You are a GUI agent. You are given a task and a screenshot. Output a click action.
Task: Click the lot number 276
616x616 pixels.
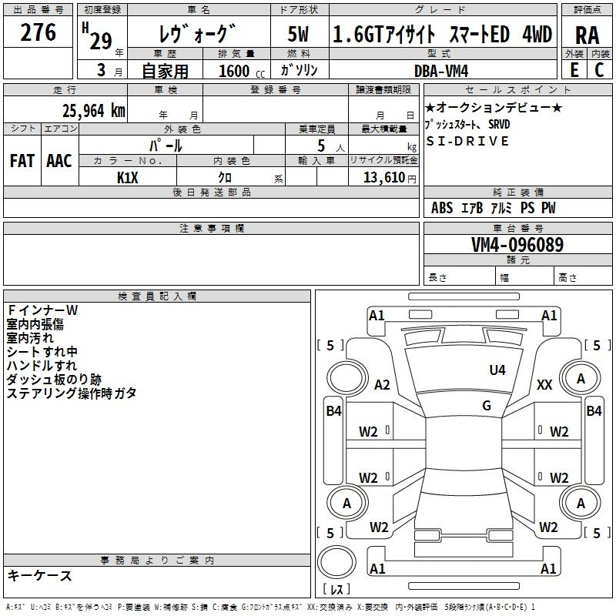(x=38, y=32)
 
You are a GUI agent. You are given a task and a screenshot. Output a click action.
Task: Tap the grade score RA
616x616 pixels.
(x=587, y=35)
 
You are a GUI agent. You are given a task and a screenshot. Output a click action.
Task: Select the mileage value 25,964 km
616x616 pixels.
(x=93, y=111)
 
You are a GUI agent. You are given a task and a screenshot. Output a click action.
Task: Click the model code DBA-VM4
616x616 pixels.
(x=441, y=71)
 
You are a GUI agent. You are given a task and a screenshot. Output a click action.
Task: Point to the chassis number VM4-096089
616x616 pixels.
(x=517, y=244)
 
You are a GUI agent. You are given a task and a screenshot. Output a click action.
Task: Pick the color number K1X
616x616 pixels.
(x=128, y=178)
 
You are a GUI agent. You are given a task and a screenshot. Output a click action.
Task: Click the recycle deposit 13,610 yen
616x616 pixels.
(x=390, y=178)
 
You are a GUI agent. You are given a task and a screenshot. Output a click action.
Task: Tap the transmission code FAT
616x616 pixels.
(x=22, y=161)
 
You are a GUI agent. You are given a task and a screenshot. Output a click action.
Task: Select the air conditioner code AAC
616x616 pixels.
(x=59, y=161)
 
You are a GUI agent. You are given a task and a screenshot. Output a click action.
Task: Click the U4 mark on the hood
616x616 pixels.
(x=497, y=370)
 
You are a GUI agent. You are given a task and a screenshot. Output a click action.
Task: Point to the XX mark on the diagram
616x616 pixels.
(x=544, y=384)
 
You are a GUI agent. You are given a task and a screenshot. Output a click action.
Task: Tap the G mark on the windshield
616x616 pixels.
(x=487, y=406)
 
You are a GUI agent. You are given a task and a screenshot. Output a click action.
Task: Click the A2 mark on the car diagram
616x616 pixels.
(x=382, y=384)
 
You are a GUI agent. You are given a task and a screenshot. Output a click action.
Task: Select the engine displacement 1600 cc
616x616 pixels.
(x=242, y=71)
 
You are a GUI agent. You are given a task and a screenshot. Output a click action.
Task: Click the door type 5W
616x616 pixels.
(x=298, y=35)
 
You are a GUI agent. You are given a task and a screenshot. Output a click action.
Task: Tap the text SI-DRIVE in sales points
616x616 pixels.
(x=467, y=141)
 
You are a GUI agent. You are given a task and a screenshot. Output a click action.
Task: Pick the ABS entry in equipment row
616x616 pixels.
(x=442, y=208)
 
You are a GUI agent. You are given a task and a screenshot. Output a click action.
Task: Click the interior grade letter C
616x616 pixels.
(x=599, y=70)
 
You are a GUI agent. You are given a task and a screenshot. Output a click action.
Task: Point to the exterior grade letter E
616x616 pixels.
(x=574, y=70)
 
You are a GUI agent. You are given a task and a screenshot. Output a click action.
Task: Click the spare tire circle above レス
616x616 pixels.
(x=336, y=562)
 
